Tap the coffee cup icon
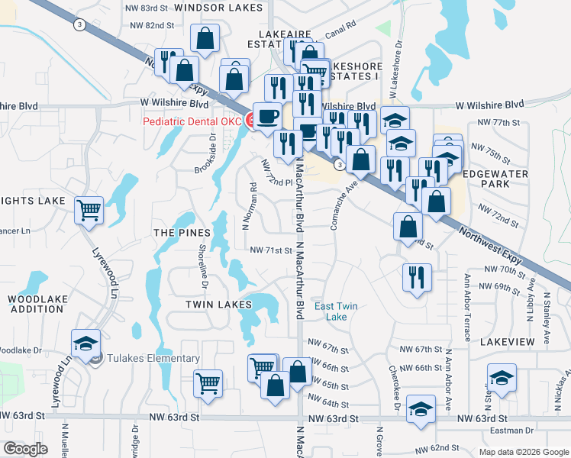click(x=266, y=117)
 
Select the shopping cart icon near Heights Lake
click(x=89, y=210)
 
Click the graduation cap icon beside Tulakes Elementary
click(x=86, y=343)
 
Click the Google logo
click(x=26, y=448)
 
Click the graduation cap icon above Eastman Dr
click(x=501, y=379)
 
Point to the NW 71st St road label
click(x=272, y=250)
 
